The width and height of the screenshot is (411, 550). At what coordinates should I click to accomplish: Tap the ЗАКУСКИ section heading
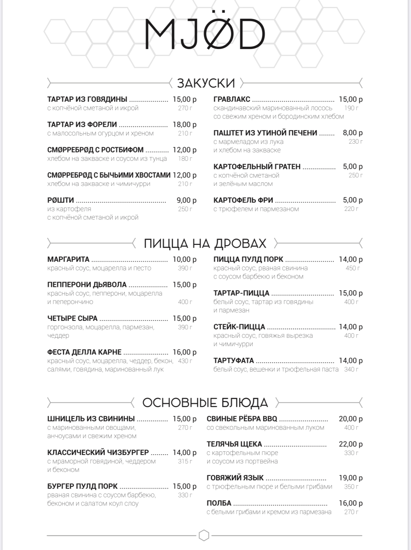(x=206, y=83)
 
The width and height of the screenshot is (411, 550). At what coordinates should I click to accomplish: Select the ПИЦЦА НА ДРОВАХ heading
(x=205, y=243)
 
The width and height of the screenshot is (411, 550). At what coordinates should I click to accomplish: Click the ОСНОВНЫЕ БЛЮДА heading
(x=205, y=403)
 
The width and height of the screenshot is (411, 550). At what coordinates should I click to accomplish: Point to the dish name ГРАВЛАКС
(x=232, y=99)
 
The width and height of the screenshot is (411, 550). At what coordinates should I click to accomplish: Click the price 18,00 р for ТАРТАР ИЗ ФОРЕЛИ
(x=184, y=125)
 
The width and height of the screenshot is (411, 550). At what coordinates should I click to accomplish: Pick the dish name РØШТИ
(x=61, y=200)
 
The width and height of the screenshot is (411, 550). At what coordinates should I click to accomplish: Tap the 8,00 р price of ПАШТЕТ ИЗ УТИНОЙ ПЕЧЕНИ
(x=353, y=133)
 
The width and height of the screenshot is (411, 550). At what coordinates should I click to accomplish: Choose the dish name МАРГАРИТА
(x=68, y=259)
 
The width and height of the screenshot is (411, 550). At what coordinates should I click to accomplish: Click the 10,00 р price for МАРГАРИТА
(x=184, y=259)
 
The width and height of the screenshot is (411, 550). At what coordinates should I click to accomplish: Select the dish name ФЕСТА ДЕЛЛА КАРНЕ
(x=84, y=352)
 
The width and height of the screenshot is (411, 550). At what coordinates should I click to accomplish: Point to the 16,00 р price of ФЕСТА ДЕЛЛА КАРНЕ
(x=184, y=352)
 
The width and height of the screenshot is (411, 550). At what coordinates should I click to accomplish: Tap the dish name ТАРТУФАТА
(x=233, y=361)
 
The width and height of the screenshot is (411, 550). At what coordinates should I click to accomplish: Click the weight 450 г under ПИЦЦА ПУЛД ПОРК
(x=353, y=268)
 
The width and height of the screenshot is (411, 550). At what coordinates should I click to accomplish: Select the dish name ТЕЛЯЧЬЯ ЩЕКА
(x=234, y=444)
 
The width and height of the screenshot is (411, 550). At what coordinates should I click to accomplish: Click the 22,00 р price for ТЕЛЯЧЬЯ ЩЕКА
(x=351, y=444)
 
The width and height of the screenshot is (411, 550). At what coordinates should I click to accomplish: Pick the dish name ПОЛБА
(x=219, y=503)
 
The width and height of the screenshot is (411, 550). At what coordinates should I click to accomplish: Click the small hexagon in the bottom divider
(x=204, y=535)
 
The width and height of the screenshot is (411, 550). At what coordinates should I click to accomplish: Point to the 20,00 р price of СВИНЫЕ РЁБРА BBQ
(x=351, y=419)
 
